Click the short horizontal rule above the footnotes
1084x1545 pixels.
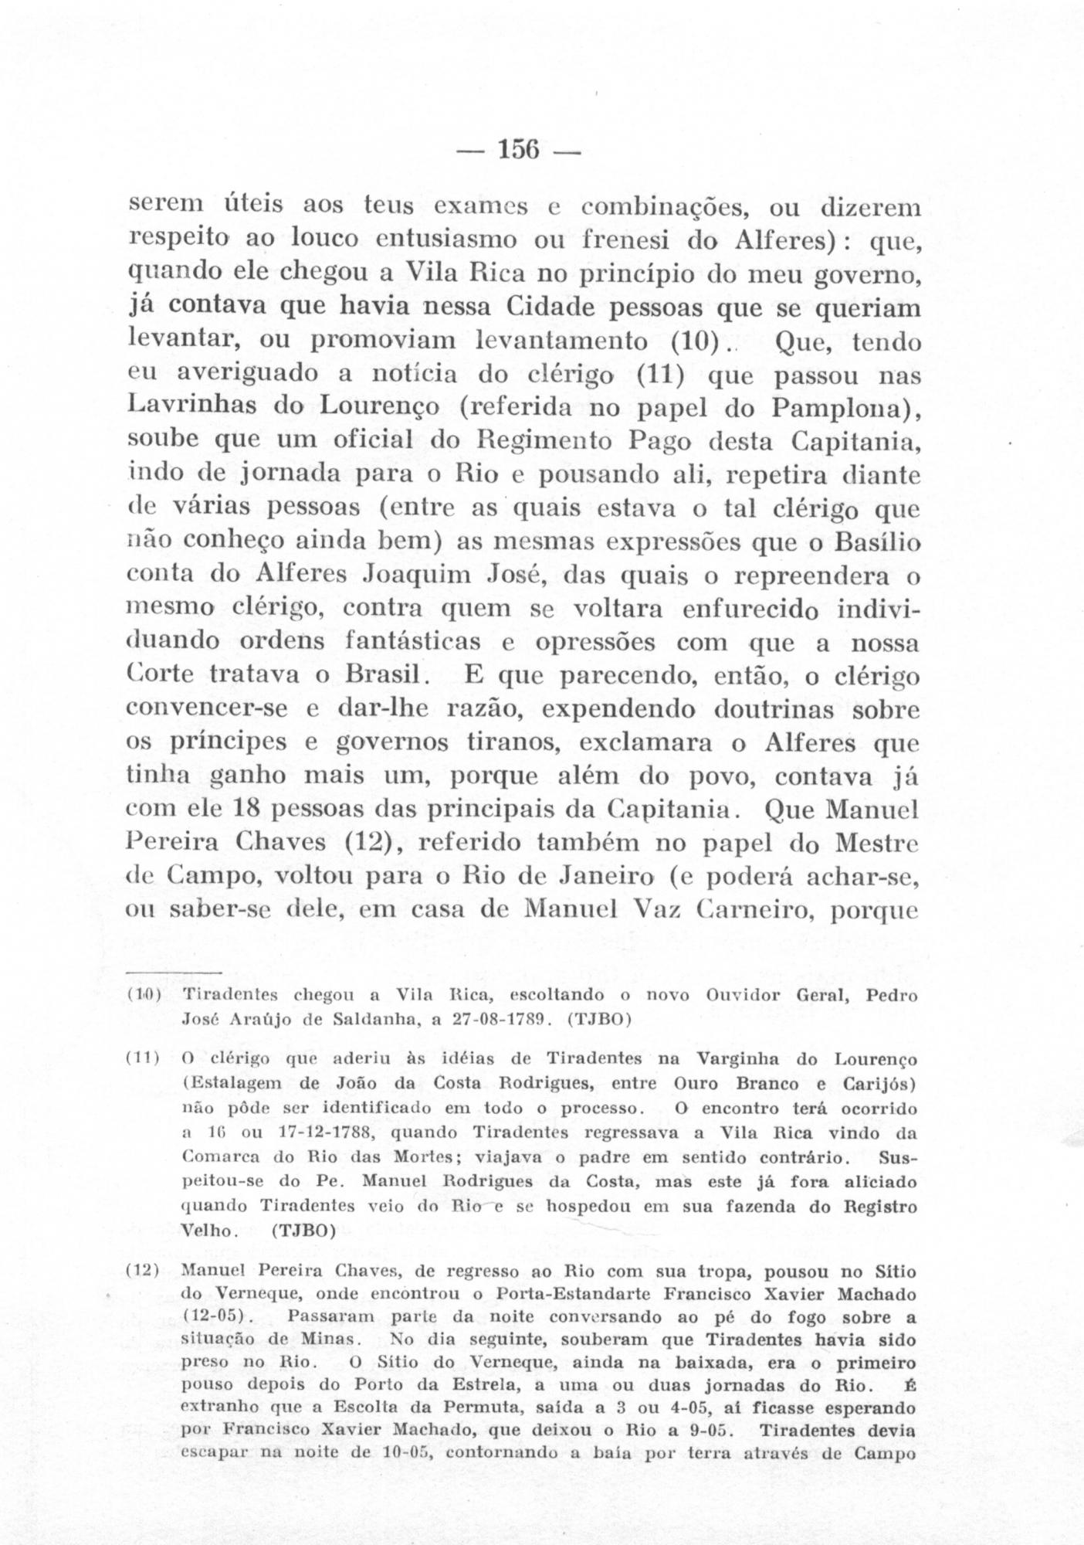174,969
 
